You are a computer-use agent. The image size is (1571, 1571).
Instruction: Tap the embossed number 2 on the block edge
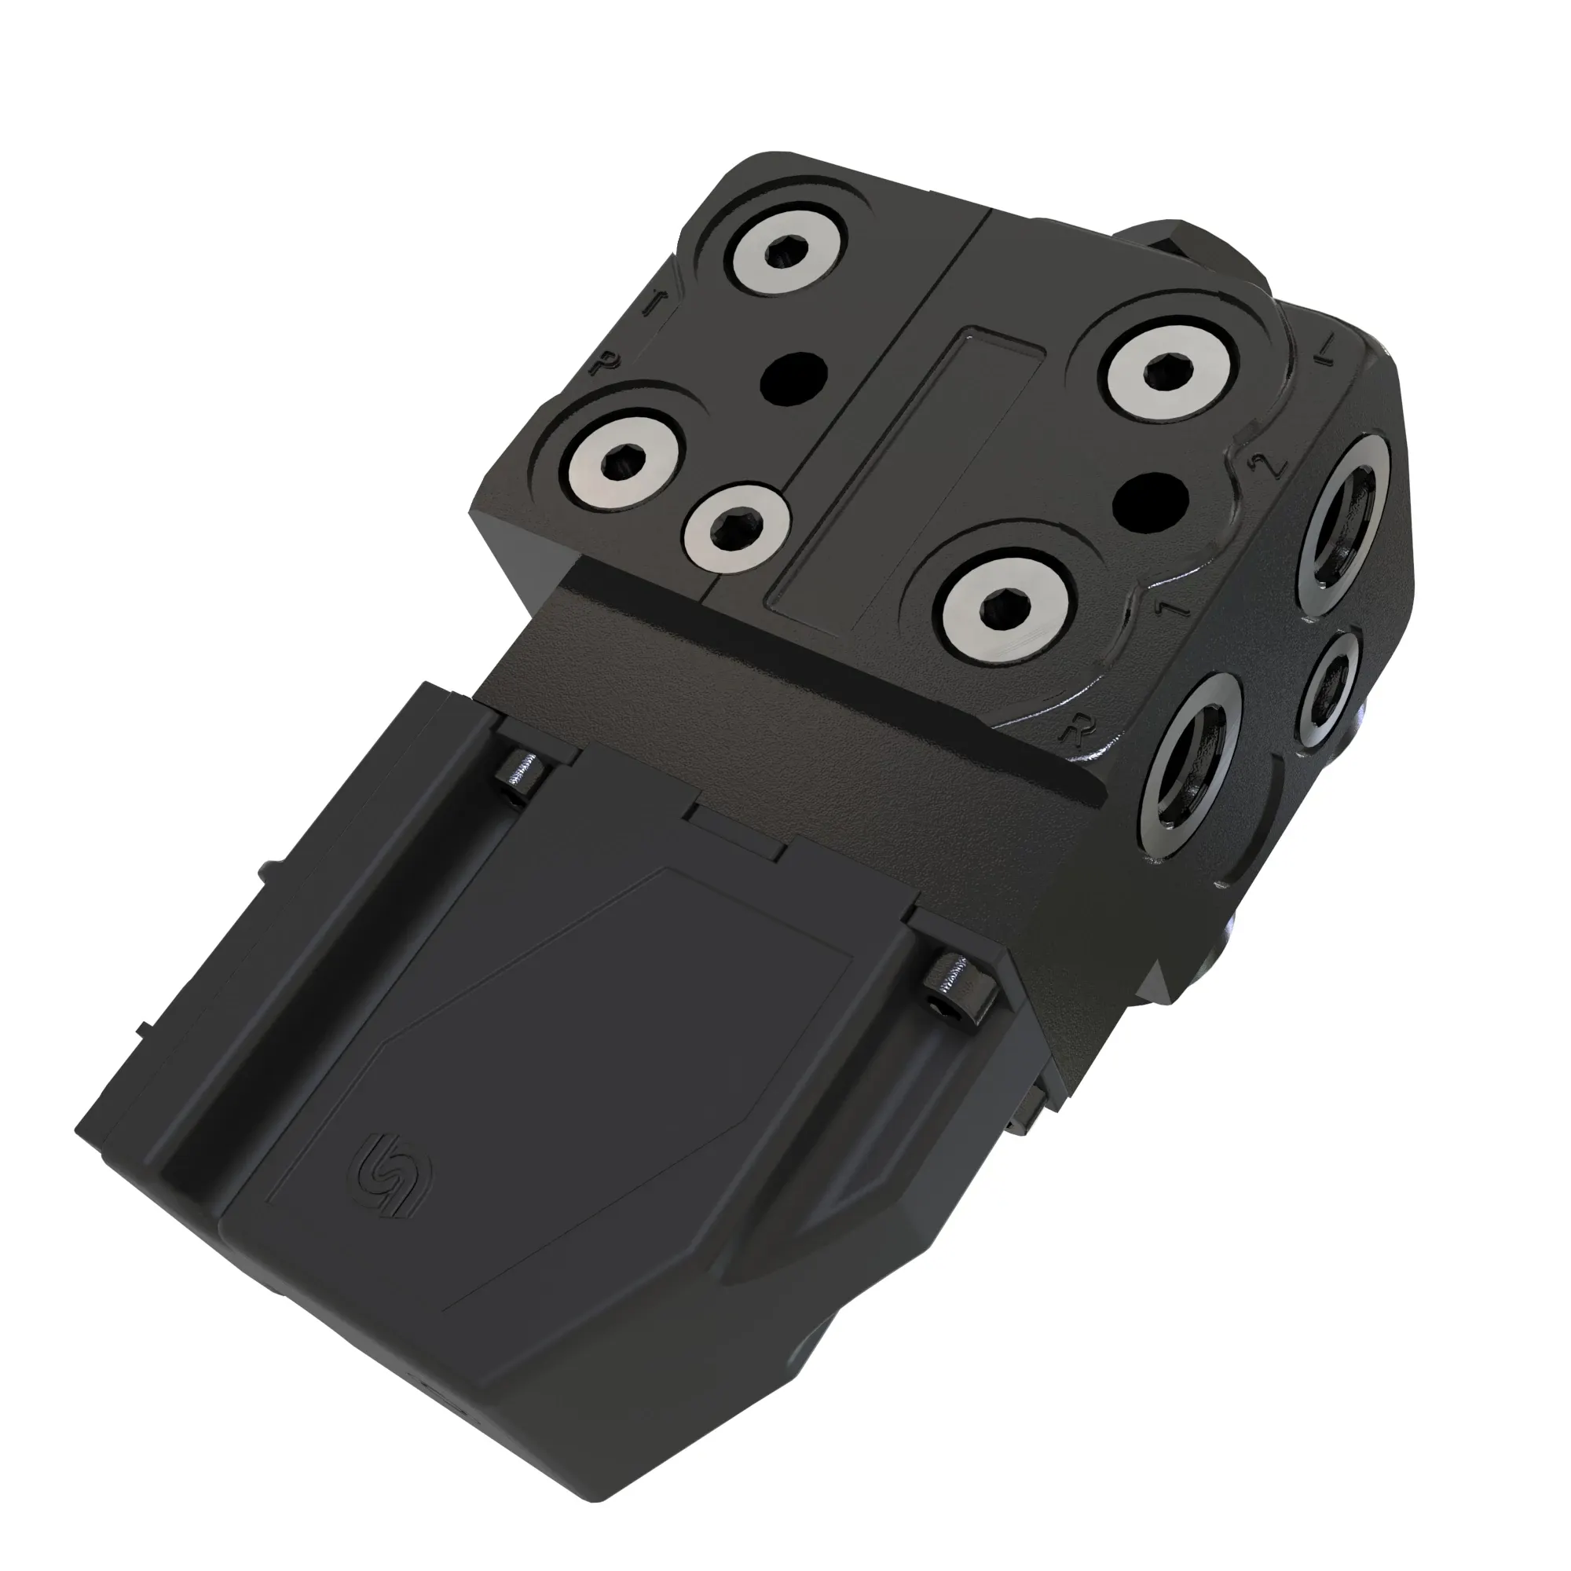(1273, 465)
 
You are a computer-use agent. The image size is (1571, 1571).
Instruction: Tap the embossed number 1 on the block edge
(1172, 606)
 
